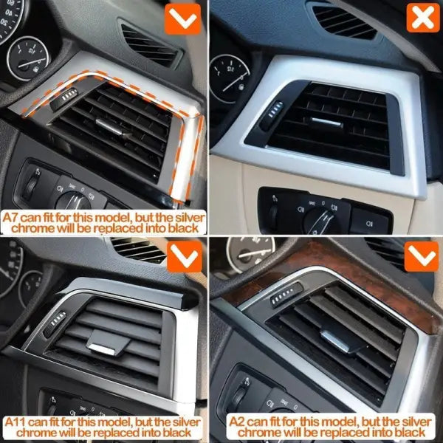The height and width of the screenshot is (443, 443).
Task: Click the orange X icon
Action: [x=423, y=18]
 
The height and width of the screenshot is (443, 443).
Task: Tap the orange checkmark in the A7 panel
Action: [x=183, y=19]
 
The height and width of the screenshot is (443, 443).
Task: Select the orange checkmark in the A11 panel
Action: [x=185, y=256]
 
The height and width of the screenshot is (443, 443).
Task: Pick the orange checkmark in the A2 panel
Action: [x=422, y=256]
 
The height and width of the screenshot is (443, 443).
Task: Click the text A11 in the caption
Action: [x=16, y=422]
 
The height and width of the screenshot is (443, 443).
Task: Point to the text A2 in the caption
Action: [x=237, y=422]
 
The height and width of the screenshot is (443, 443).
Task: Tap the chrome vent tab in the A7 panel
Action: [x=109, y=127]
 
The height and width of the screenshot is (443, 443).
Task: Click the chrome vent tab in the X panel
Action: [x=326, y=122]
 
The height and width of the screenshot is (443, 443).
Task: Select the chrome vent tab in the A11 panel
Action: [x=103, y=349]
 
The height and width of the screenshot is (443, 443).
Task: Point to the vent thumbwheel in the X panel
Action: [x=273, y=114]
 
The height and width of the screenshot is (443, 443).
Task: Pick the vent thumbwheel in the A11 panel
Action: [x=55, y=324]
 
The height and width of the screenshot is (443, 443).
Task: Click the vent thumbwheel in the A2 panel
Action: [x=286, y=295]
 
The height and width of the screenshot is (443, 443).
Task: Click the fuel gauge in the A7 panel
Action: [x=28, y=58]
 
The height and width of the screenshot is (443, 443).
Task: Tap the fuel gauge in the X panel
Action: [x=230, y=78]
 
